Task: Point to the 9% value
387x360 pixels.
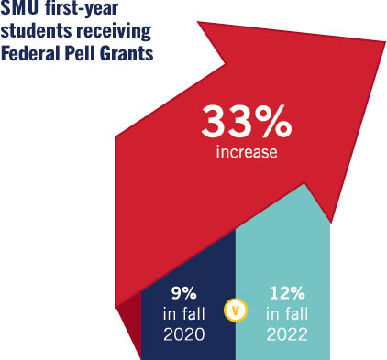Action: pyautogui.click(x=184, y=294)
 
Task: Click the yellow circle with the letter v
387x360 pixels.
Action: pyautogui.click(x=235, y=310)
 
